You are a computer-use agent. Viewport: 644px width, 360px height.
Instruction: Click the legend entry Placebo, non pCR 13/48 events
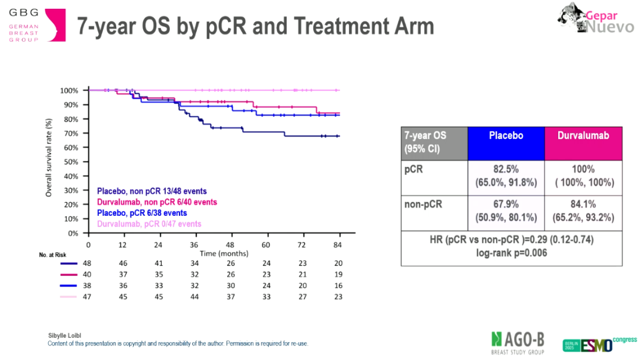pyautogui.click(x=151, y=191)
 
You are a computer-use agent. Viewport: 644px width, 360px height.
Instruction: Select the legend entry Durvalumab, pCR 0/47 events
pyautogui.click(x=148, y=224)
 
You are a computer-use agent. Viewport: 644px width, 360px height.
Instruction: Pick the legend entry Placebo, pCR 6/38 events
pyautogui.click(x=141, y=213)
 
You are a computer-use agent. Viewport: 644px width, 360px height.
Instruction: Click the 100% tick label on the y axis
pyautogui.click(x=69, y=91)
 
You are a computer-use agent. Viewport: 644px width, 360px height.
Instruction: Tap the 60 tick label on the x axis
pyautogui.click(x=266, y=245)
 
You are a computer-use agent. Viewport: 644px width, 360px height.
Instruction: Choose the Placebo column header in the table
pyautogui.click(x=506, y=135)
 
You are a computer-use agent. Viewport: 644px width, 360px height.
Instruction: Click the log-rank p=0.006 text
pyautogui.click(x=511, y=253)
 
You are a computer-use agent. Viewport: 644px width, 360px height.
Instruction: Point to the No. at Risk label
pyautogui.click(x=51, y=255)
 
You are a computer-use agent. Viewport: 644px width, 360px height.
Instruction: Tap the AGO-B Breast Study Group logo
pyautogui.click(x=517, y=342)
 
